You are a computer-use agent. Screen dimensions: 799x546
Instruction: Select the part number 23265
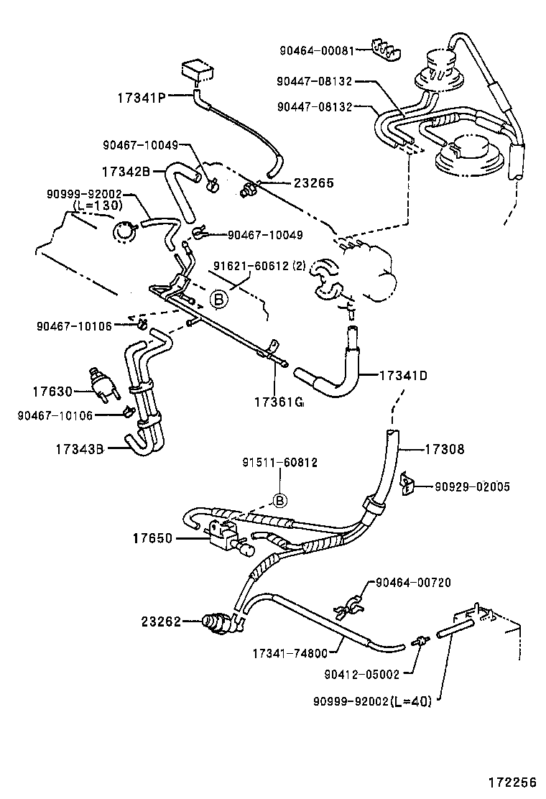click(x=313, y=183)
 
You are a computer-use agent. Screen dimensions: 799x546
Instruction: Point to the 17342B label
click(x=125, y=172)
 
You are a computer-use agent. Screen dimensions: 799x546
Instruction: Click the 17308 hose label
click(x=444, y=450)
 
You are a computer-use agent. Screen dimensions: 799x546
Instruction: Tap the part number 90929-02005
click(x=472, y=486)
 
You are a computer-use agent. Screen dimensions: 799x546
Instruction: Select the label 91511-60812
click(x=280, y=463)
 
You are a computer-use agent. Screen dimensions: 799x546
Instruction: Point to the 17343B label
click(x=80, y=449)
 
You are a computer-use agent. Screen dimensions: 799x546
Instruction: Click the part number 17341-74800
click(x=290, y=653)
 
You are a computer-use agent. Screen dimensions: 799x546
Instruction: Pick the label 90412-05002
click(x=361, y=674)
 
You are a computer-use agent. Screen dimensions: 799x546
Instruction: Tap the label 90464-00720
click(x=413, y=582)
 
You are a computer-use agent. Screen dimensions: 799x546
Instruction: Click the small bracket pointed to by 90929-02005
click(x=407, y=483)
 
